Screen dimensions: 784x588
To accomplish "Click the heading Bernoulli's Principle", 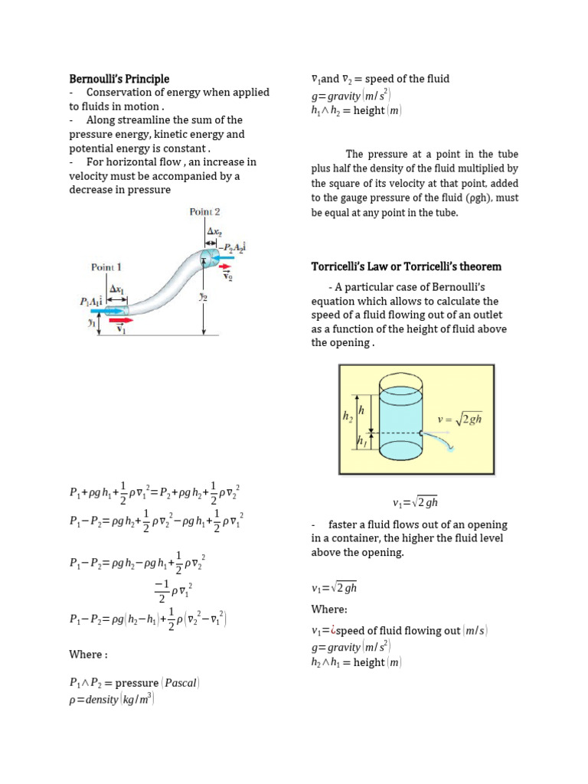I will click(x=119, y=79).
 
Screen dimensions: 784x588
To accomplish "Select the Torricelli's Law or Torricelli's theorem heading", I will click(x=406, y=266).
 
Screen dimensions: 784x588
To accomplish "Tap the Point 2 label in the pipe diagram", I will click(x=204, y=212).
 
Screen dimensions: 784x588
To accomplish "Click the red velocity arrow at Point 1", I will click(x=120, y=322).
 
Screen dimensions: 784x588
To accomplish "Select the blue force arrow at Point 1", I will click(x=93, y=312).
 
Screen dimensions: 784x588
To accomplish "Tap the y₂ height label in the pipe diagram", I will click(x=203, y=297).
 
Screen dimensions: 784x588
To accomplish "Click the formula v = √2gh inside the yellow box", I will click(x=459, y=419).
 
